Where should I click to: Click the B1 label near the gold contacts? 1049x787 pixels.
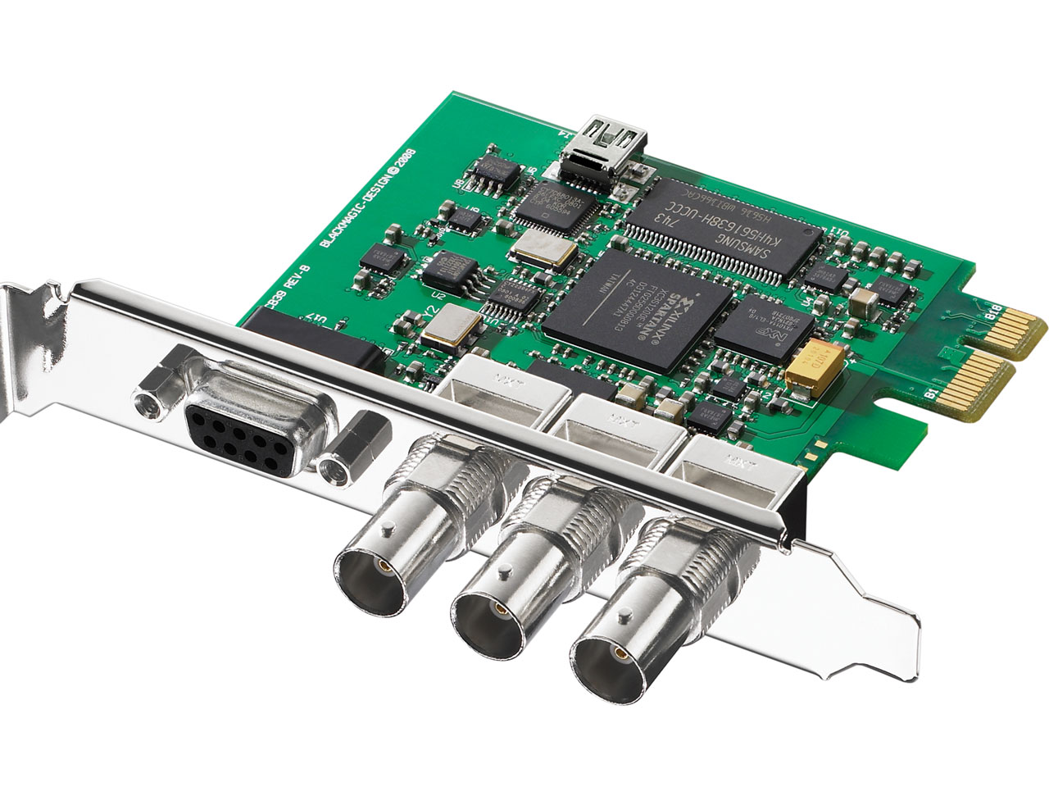pos(931,394)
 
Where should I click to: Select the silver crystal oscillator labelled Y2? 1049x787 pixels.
pos(447,329)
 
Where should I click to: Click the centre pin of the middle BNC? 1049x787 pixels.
pos(496,611)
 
